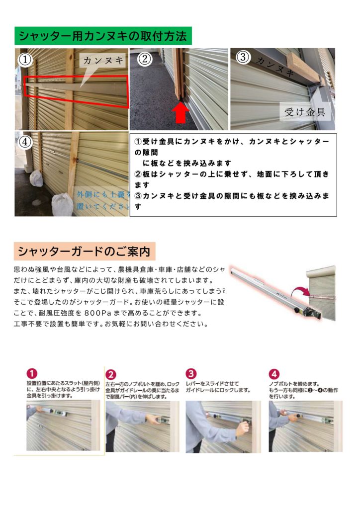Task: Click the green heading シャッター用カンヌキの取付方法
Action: (x=103, y=36)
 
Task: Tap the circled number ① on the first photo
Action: (x=25, y=60)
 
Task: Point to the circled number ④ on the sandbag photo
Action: (x=25, y=142)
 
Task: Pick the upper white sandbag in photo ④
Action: (x=36, y=178)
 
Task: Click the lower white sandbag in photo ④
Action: (x=63, y=204)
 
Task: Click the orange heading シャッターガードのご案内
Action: (x=84, y=252)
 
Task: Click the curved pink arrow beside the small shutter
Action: (x=300, y=292)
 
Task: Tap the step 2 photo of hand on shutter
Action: (x=142, y=426)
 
